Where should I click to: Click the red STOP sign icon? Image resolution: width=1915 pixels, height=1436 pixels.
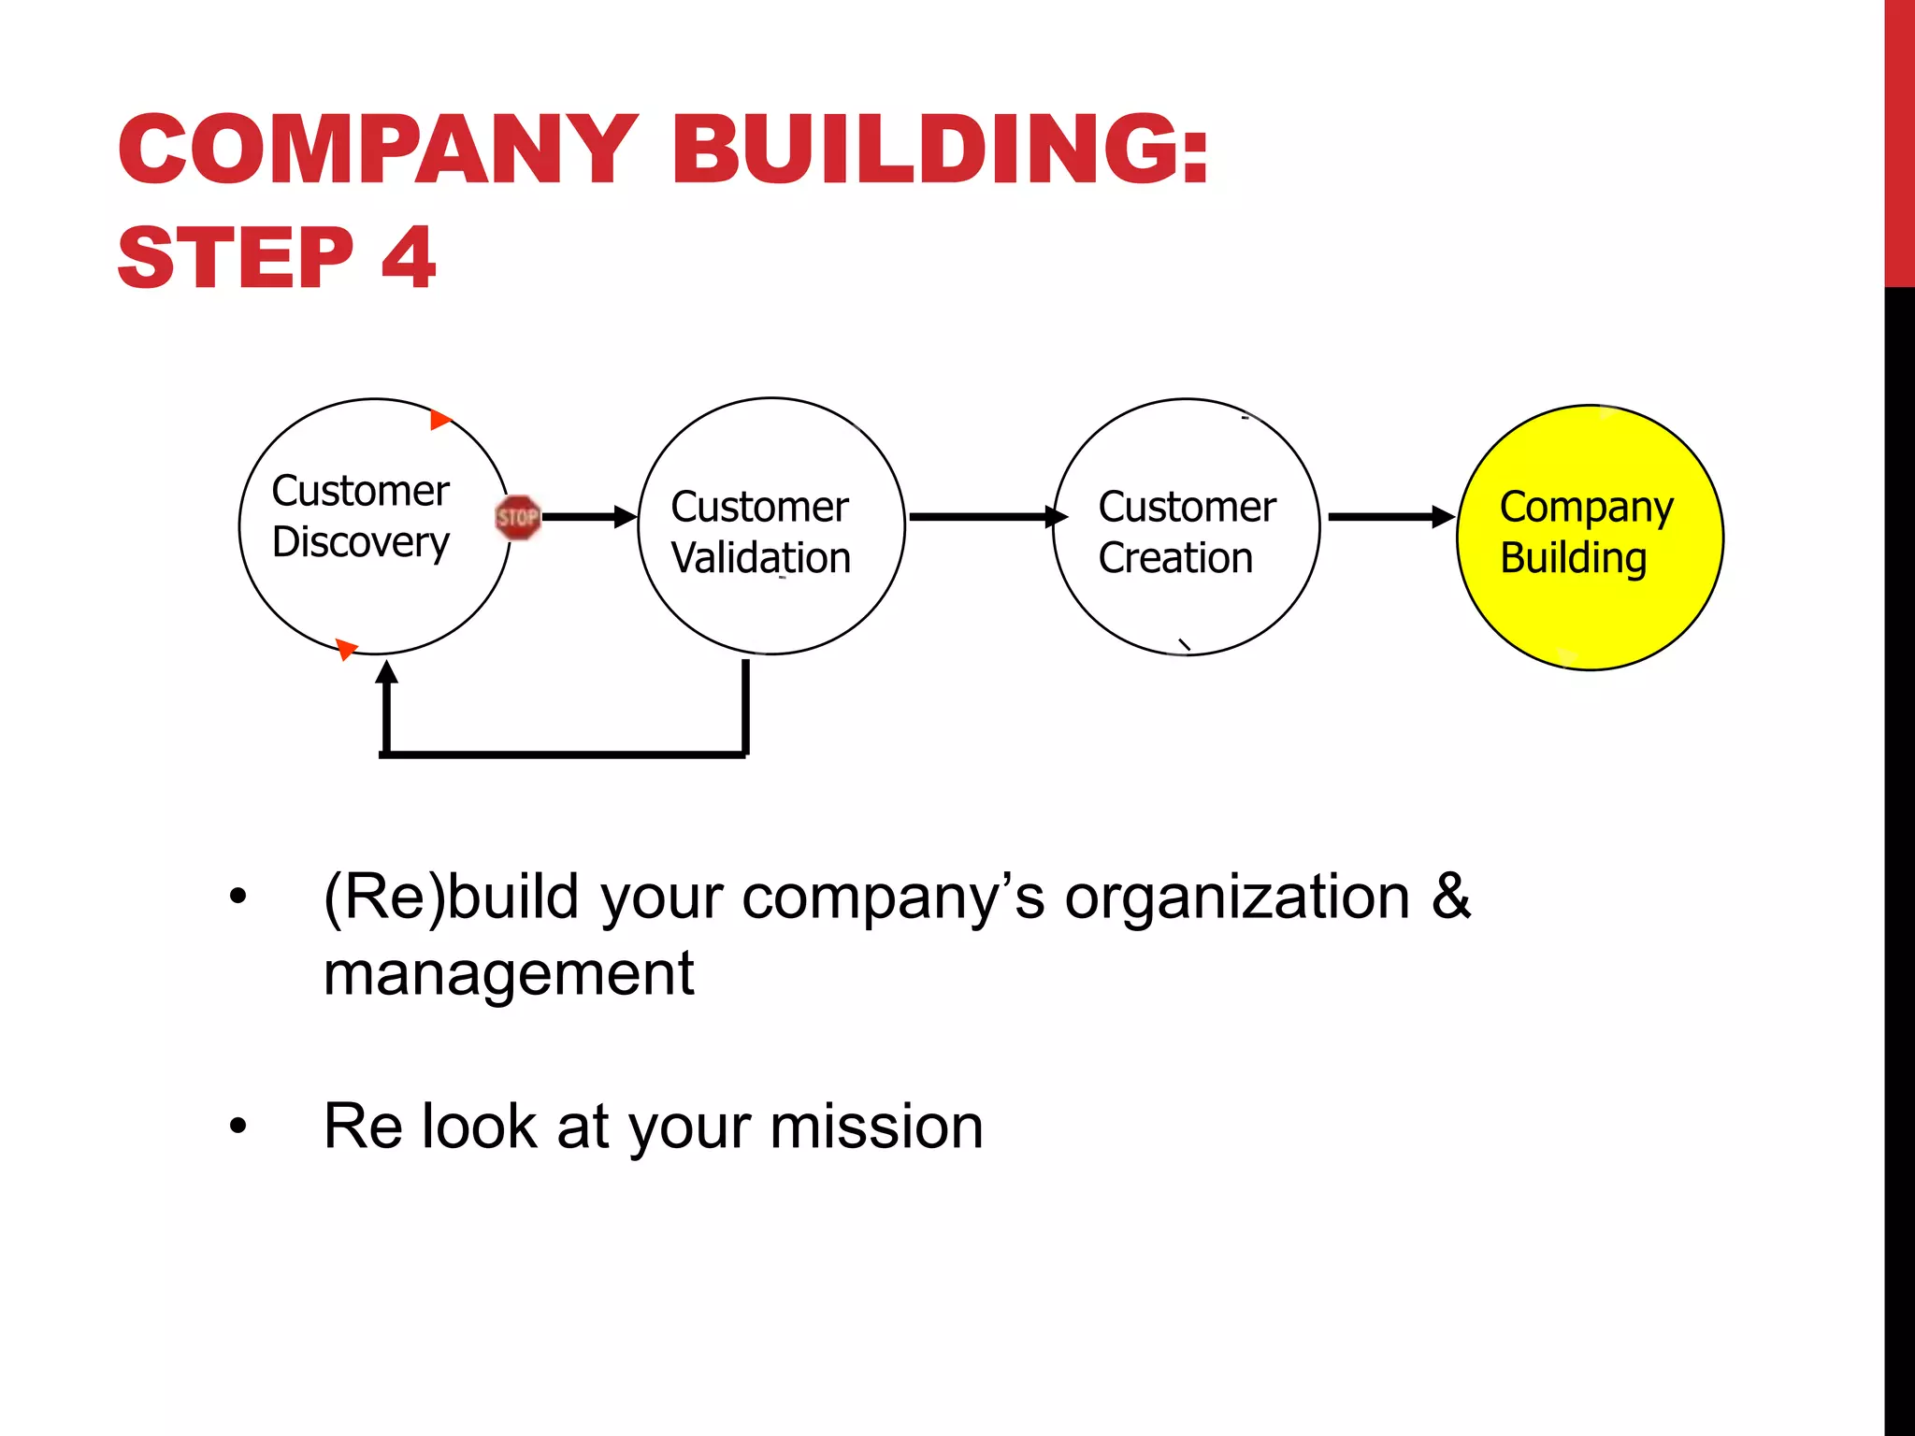(x=517, y=517)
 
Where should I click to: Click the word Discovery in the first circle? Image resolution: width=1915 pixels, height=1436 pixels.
(x=361, y=543)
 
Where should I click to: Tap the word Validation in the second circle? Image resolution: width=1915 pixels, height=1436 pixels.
(x=760, y=558)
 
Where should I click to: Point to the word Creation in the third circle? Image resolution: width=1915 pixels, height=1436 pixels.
(x=1175, y=558)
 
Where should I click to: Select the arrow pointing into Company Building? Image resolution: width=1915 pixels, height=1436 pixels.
(x=1390, y=516)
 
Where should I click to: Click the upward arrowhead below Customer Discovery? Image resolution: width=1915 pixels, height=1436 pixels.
(x=386, y=673)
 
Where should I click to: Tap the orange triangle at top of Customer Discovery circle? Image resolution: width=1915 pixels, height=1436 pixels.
(x=440, y=420)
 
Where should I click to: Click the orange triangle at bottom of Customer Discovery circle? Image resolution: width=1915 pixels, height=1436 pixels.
(x=347, y=648)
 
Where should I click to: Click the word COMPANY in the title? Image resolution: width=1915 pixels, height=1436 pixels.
(x=379, y=150)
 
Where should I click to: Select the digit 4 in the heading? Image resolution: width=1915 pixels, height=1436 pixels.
(x=409, y=258)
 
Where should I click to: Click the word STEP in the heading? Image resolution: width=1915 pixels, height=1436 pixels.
(x=236, y=258)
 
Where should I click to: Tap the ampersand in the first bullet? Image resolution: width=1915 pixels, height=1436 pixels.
(x=1450, y=896)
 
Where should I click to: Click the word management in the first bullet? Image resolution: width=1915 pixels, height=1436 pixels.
(x=509, y=974)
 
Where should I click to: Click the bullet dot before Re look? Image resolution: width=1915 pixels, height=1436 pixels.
(x=238, y=1127)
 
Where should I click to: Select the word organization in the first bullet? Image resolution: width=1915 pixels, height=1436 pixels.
(x=1237, y=897)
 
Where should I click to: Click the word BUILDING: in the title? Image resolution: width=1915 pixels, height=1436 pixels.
(x=940, y=150)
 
